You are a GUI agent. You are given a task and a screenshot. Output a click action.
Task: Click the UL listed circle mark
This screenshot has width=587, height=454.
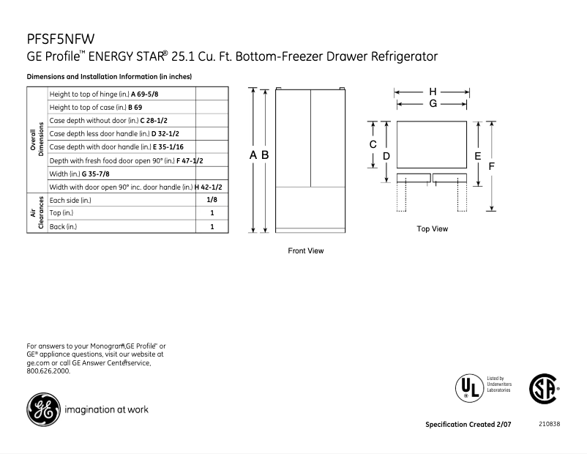point(468,387)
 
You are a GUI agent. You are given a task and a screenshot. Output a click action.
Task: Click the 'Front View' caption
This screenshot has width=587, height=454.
point(306,251)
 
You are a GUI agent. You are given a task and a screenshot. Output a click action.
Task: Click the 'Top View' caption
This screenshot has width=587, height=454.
point(433,229)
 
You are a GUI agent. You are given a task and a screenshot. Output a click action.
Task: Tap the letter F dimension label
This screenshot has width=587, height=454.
point(493,166)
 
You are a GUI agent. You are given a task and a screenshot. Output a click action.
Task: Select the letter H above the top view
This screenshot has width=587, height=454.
point(433,92)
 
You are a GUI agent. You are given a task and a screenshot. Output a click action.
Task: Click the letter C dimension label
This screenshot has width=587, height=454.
point(373,144)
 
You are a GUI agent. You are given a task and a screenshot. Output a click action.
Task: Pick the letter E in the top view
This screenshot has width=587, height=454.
point(477,155)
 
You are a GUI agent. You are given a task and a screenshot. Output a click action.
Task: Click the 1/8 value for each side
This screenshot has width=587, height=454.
point(212,200)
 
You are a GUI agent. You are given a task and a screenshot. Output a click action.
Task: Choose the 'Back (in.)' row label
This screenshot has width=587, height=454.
point(63,227)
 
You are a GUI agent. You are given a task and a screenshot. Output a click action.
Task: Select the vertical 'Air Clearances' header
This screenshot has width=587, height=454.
point(37,213)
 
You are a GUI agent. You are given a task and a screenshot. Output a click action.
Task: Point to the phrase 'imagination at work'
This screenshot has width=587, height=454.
point(107,410)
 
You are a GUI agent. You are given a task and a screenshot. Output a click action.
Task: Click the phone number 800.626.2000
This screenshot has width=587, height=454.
point(48,371)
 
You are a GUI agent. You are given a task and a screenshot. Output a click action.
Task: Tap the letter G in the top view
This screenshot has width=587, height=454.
point(433,104)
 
